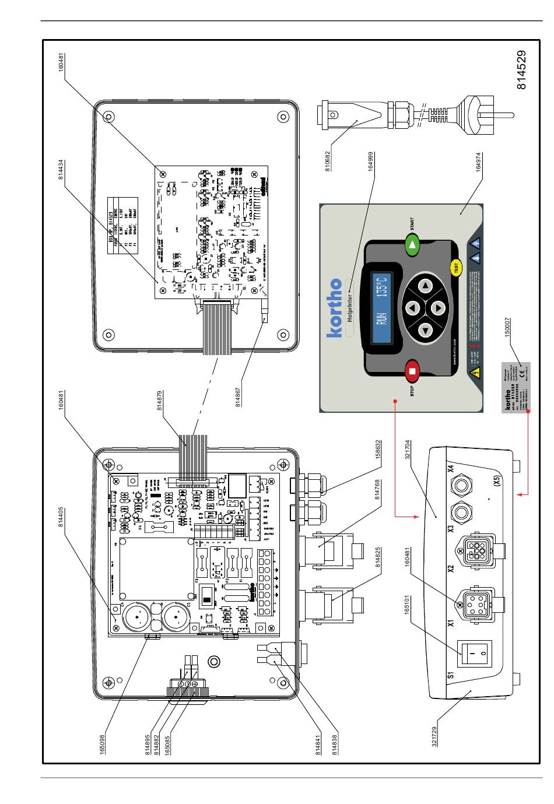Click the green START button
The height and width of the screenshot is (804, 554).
(413, 245)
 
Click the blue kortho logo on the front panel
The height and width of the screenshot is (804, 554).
(334, 307)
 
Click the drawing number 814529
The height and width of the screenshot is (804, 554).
(522, 69)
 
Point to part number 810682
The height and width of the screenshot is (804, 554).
(328, 160)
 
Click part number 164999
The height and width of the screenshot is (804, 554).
(370, 160)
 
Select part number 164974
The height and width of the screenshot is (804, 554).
(478, 160)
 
